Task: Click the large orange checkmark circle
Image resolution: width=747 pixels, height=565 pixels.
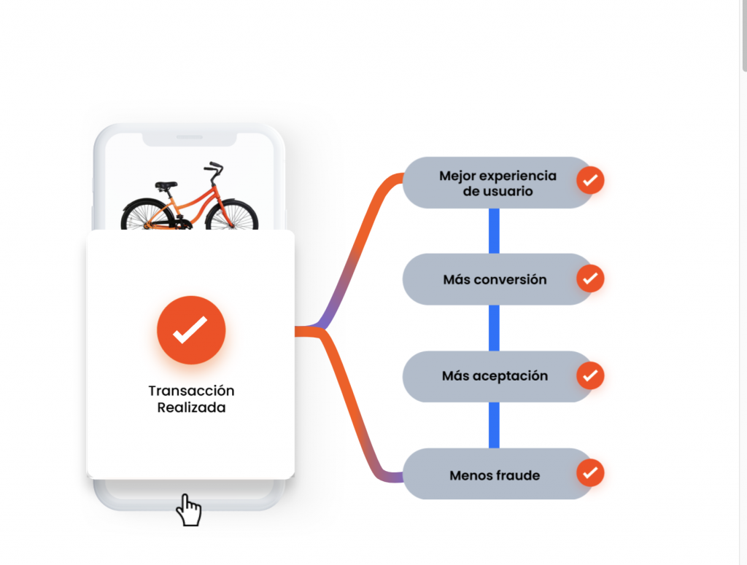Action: click(191, 330)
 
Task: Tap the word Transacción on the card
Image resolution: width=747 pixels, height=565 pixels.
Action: click(191, 391)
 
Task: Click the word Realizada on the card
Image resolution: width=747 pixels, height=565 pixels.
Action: click(191, 408)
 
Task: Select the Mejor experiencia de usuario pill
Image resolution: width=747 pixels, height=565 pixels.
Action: click(498, 183)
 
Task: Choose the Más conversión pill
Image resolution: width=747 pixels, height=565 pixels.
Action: click(495, 279)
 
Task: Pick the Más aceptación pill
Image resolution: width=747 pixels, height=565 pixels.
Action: click(495, 376)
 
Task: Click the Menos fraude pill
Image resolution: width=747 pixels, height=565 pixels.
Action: click(495, 475)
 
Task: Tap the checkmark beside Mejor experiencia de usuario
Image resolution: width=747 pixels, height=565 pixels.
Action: click(590, 179)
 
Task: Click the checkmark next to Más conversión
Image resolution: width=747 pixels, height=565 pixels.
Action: click(590, 278)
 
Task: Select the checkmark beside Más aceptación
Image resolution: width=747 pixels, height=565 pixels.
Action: click(590, 375)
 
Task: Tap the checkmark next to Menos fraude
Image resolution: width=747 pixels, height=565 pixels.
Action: click(590, 472)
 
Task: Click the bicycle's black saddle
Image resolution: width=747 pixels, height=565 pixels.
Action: click(166, 186)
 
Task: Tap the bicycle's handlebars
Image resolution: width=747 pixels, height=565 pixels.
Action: click(214, 170)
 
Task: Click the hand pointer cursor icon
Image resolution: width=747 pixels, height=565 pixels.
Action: click(189, 510)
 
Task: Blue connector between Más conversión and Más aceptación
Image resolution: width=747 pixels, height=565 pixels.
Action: click(494, 327)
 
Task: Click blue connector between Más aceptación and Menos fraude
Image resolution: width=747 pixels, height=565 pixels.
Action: click(494, 425)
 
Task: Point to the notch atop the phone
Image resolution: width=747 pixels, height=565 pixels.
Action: click(190, 139)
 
